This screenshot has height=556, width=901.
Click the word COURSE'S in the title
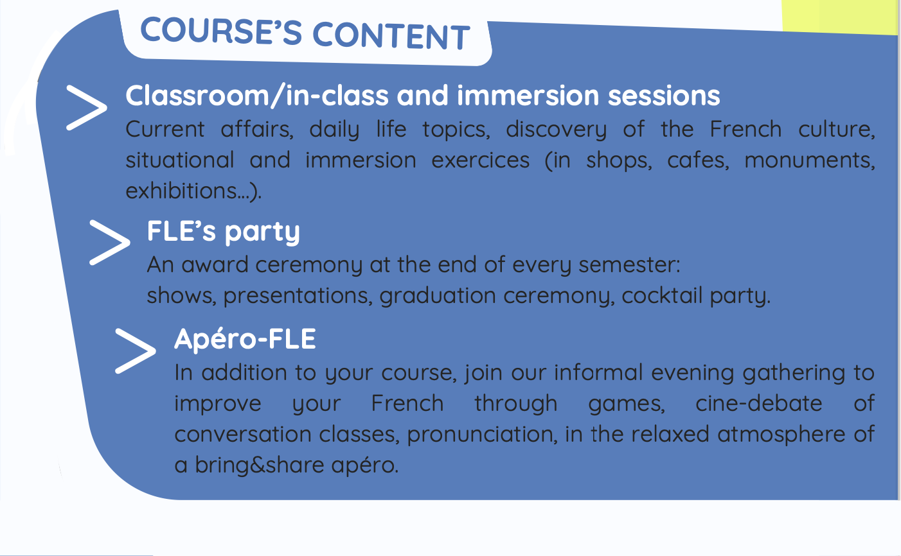click(x=221, y=31)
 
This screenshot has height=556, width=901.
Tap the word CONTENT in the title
click(x=391, y=36)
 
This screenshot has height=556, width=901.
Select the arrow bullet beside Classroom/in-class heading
click(x=87, y=108)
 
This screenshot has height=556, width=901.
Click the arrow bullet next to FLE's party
click(x=110, y=243)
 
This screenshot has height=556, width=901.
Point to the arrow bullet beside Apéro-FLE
click(x=136, y=351)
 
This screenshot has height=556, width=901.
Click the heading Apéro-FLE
click(x=245, y=340)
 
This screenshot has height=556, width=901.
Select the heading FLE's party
click(x=223, y=232)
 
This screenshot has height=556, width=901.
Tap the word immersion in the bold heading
click(x=528, y=96)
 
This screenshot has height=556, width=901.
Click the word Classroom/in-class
click(x=257, y=96)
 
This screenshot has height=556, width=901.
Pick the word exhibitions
click(x=186, y=191)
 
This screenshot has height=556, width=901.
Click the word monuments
click(x=809, y=161)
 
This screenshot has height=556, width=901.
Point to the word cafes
click(x=698, y=160)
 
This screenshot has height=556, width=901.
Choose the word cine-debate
click(x=758, y=403)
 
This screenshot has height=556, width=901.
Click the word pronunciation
click(x=482, y=435)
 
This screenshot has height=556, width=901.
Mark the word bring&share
click(x=260, y=465)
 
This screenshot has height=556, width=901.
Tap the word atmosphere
click(x=781, y=434)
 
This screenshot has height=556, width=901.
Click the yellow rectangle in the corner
click(x=841, y=16)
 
